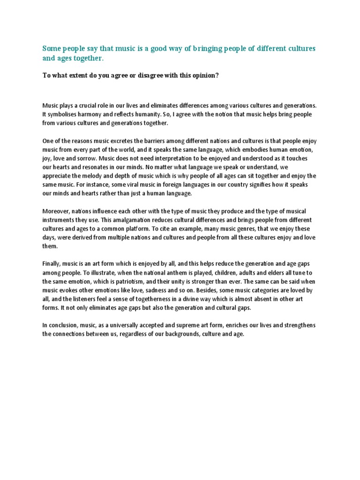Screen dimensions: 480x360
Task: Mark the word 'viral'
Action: [x=125, y=185]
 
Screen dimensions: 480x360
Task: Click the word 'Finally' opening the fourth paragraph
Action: [x=52, y=264]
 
